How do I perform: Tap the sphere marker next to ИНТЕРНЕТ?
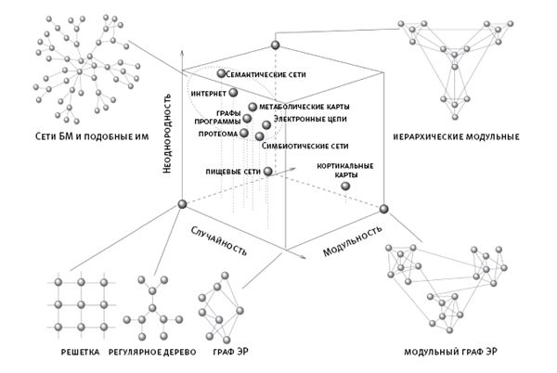pos(233,93)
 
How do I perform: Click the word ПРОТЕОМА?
pos(216,133)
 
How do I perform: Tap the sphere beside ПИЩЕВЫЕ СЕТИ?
pos(268,172)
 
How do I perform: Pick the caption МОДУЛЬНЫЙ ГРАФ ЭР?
pos(454,354)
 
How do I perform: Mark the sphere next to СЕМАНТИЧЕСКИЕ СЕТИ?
pos(221,73)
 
